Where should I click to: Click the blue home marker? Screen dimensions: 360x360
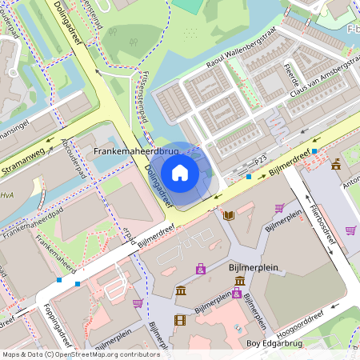(x=180, y=173)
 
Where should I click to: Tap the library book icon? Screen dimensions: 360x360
(x=229, y=215)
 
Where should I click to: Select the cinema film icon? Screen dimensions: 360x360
(x=179, y=320)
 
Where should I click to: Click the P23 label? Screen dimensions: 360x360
(x=260, y=161)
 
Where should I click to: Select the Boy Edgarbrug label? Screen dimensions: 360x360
(x=275, y=344)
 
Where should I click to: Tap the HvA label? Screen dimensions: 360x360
(x=7, y=194)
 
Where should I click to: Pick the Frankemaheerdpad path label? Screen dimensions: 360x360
(x=32, y=226)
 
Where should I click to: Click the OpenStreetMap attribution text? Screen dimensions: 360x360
(x=80, y=354)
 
